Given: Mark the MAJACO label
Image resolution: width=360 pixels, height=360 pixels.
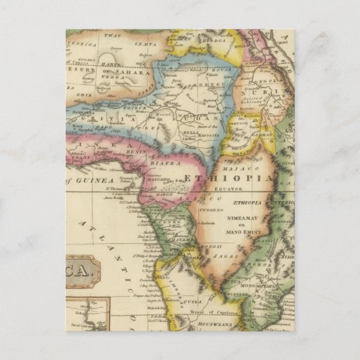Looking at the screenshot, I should (x=238, y=167).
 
